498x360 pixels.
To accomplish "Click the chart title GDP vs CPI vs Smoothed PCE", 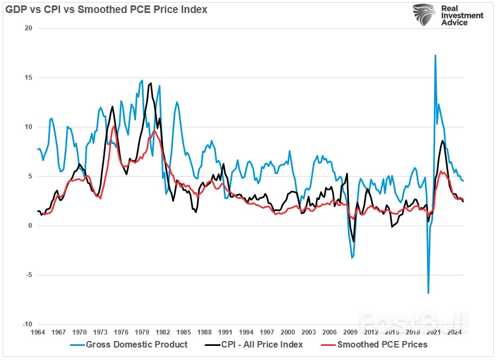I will [106, 10].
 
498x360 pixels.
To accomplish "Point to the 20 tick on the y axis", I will [28, 28].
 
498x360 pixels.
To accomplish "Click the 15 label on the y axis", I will [28, 78].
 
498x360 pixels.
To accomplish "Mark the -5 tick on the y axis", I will [28, 275].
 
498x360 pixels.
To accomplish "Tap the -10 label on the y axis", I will [27, 324].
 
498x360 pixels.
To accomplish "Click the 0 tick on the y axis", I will [30, 226].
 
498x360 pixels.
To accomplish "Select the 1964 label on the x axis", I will [38, 332].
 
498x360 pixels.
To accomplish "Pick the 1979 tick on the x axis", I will [143, 332].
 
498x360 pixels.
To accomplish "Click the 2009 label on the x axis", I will [351, 332].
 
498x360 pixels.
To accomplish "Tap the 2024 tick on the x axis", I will [455, 332].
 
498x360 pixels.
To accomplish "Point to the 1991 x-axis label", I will [225, 332].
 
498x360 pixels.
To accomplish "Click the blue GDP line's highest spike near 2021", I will [435, 55].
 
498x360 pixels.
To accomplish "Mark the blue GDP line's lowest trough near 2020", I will [428, 293].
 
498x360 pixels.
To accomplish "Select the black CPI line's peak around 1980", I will [151, 83].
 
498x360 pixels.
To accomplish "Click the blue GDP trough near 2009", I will [352, 258].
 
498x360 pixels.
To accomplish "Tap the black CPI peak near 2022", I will [443, 141].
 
